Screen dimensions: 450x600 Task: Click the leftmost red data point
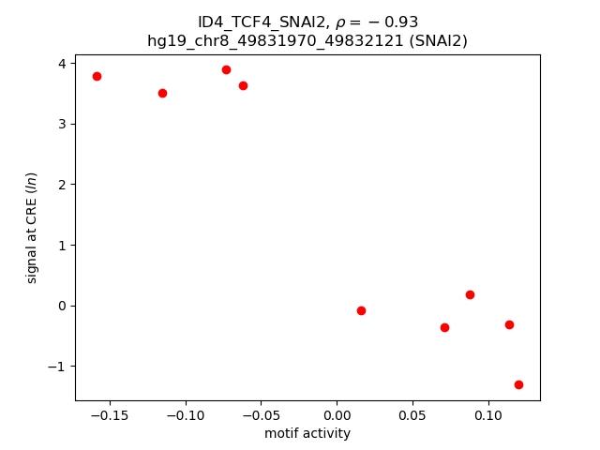tap(97, 76)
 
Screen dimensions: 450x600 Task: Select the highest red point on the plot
tap(226, 69)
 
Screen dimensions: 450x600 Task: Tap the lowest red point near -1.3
tap(518, 384)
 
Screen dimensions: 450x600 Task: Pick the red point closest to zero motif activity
tap(361, 310)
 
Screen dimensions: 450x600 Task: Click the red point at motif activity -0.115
tap(162, 93)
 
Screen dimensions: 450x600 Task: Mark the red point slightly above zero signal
tap(470, 294)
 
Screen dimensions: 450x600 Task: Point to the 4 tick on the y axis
tap(61, 64)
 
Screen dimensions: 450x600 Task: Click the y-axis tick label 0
tap(61, 306)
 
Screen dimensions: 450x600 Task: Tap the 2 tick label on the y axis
tap(61, 185)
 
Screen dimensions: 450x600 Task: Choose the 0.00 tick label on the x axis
tap(337, 415)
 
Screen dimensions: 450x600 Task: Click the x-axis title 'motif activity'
tap(307, 433)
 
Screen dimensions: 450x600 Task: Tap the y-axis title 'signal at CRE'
tap(32, 228)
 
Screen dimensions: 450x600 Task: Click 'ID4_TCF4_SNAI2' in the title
tap(250, 22)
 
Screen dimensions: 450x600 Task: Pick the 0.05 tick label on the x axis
tap(412, 415)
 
